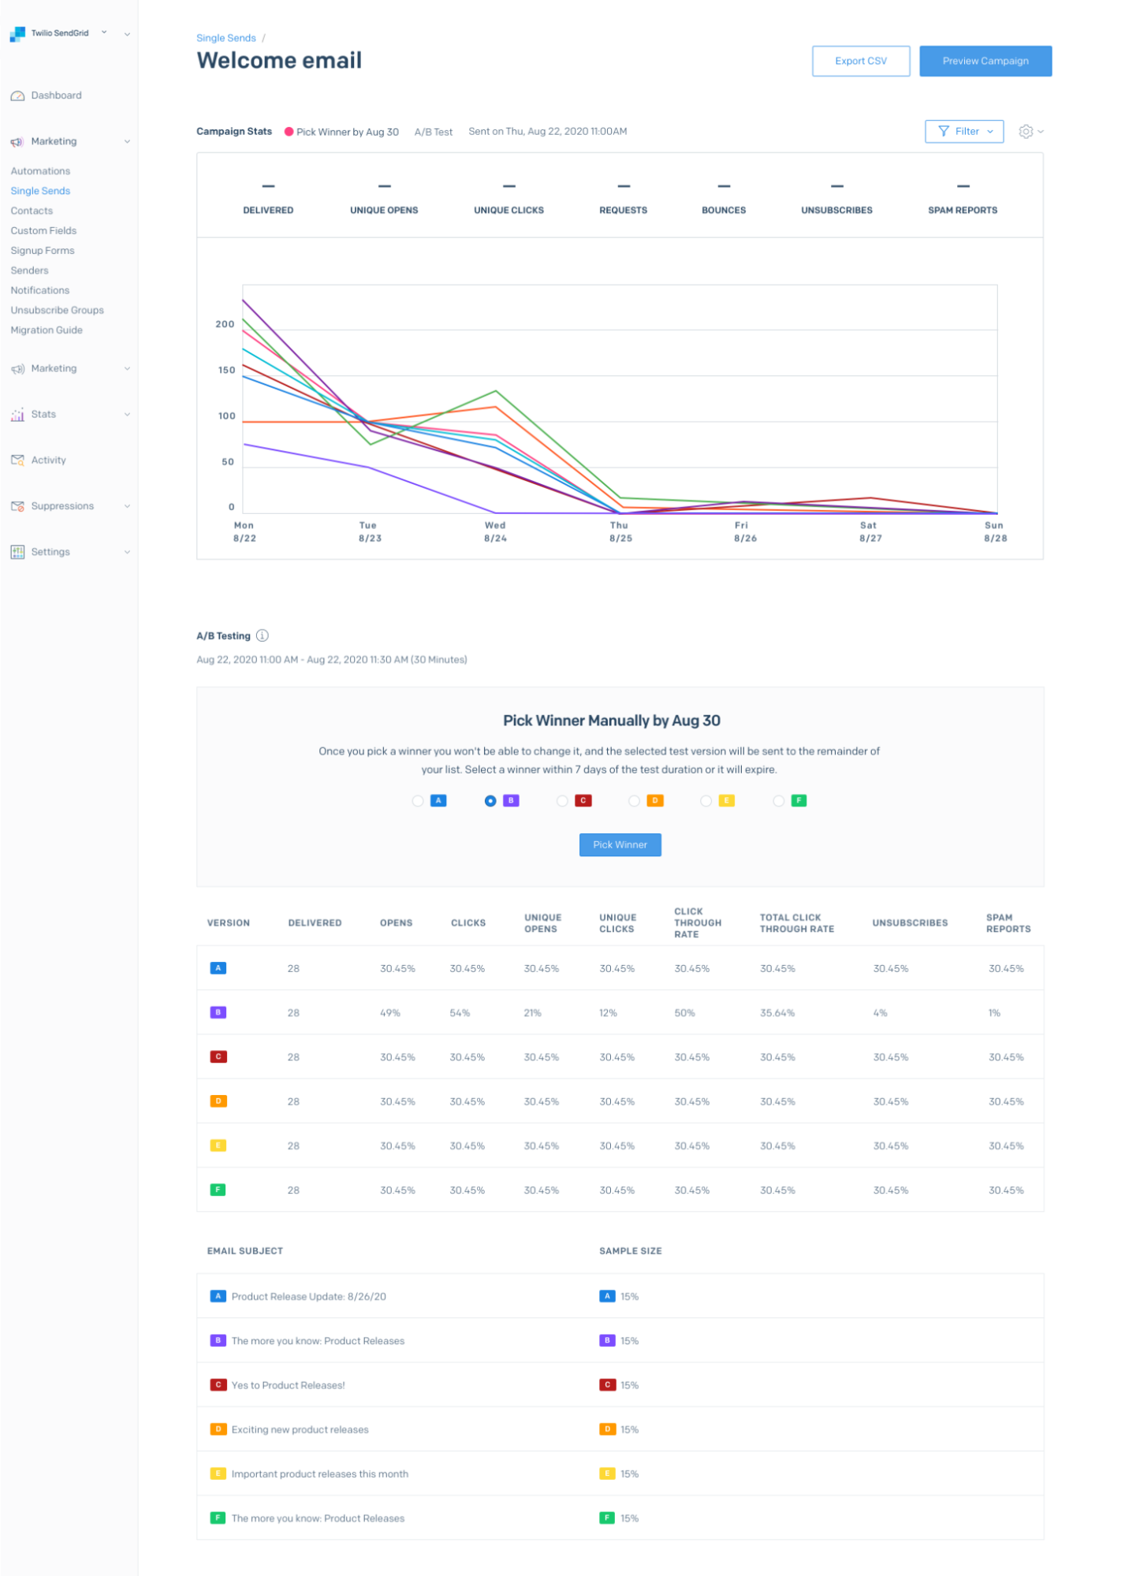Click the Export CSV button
(x=860, y=61)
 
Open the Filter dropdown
(x=963, y=132)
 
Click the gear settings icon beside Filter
(x=1025, y=132)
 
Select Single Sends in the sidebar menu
(x=40, y=191)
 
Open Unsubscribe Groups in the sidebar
(x=57, y=310)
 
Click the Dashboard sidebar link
(x=56, y=95)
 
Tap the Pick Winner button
(x=620, y=844)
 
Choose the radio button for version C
(x=562, y=801)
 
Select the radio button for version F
(x=778, y=801)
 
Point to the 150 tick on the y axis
(x=226, y=370)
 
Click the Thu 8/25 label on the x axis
(x=620, y=531)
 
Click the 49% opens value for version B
(x=390, y=1012)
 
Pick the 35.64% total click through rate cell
(x=777, y=1012)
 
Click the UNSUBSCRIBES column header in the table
(x=910, y=922)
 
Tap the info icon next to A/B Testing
(x=263, y=635)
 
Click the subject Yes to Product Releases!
(x=288, y=1385)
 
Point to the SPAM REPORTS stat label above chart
(x=962, y=211)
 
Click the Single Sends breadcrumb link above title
(x=226, y=38)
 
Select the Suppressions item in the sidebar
(x=62, y=506)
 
